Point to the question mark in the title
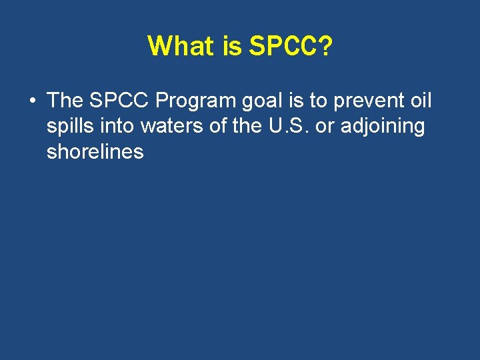click(x=325, y=46)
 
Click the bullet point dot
click(x=32, y=101)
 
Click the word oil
click(x=420, y=101)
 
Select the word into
click(x=119, y=126)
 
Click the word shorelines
click(x=95, y=151)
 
